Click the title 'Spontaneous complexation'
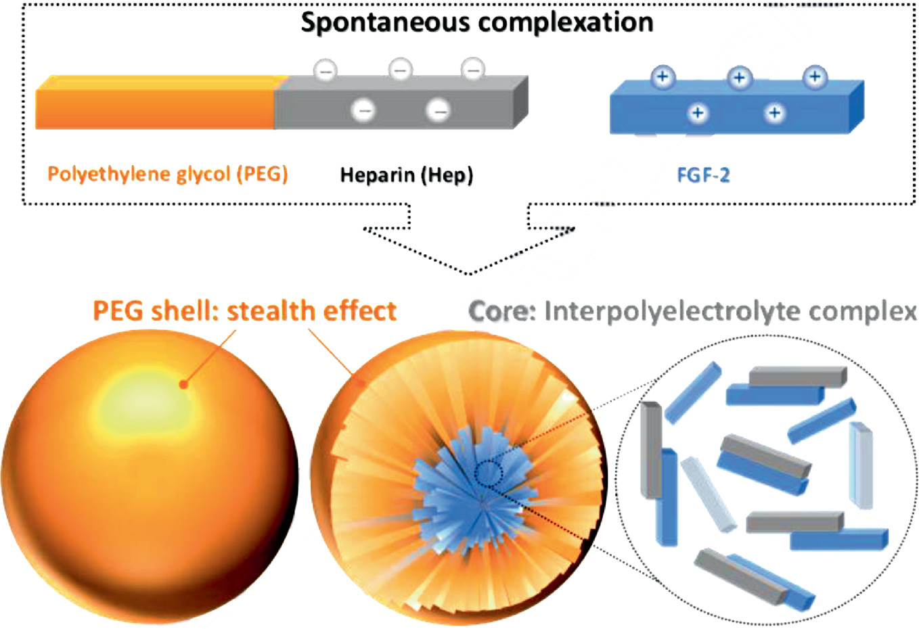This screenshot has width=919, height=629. point(477,22)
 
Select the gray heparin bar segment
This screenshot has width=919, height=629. point(399,108)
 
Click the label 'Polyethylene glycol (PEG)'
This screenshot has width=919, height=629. point(168,174)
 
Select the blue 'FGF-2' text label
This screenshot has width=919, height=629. point(703,176)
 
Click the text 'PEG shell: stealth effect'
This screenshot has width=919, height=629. point(244,310)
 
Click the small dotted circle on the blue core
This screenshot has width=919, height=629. point(488,473)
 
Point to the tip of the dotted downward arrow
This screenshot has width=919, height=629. point(469,274)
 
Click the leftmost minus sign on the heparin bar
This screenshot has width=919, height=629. point(326,70)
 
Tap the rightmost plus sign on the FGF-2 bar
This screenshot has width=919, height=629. point(815,76)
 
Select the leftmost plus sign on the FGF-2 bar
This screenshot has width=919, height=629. point(663,76)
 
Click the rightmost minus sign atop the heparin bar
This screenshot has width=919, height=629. point(473,70)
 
